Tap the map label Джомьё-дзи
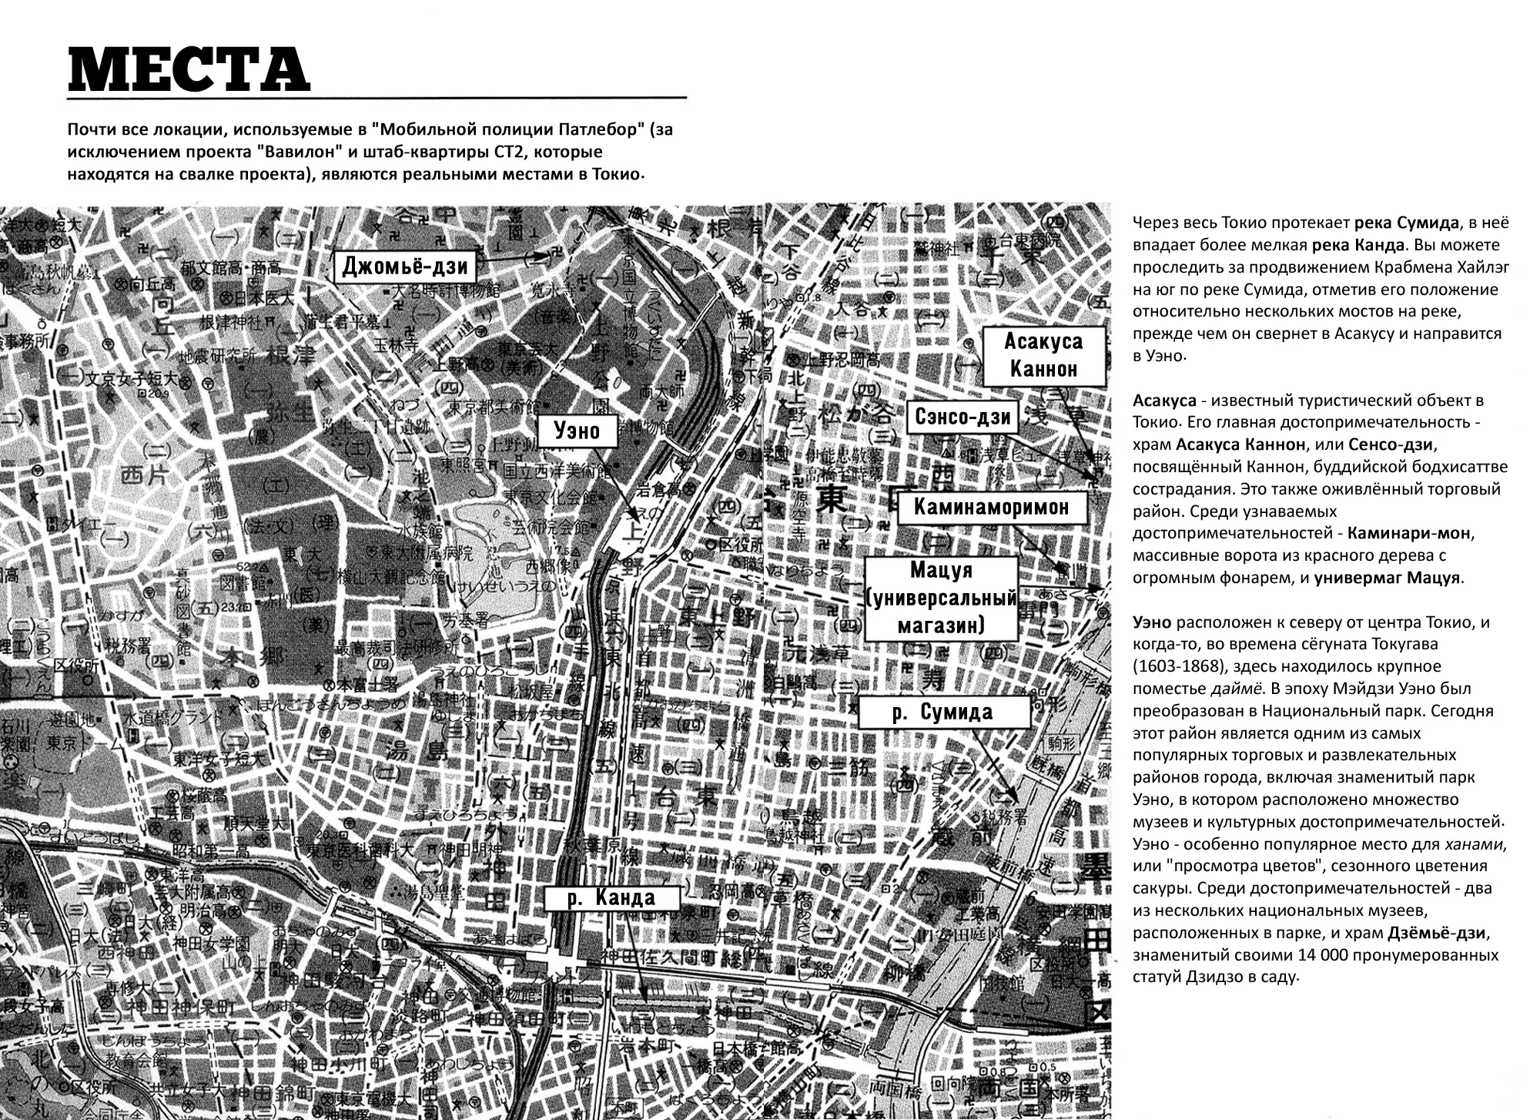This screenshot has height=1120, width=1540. point(406,267)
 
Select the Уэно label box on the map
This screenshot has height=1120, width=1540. point(577,431)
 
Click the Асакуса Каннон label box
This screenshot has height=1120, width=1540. point(1043,355)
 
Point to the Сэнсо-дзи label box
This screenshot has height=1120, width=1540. point(962,417)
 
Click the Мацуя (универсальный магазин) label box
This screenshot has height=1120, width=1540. point(942,598)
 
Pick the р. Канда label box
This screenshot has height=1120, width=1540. point(611,897)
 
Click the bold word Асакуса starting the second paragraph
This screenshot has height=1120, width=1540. point(1164,401)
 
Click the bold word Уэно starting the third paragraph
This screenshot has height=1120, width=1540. point(1151,622)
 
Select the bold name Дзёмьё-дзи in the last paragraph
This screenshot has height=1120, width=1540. point(1436,933)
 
